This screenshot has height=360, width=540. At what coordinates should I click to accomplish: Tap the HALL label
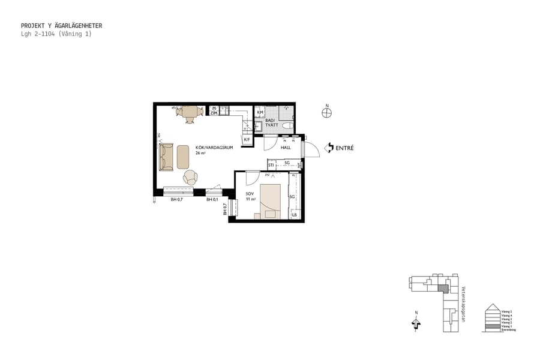pyautogui.click(x=286, y=148)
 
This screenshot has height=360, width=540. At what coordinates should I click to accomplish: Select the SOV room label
pyautogui.click(x=250, y=194)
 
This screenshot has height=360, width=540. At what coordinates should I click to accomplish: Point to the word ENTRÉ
pyautogui.click(x=344, y=148)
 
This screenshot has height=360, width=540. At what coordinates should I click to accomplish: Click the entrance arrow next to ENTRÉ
pyautogui.click(x=328, y=148)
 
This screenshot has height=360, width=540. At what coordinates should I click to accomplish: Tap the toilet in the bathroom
pyautogui.click(x=287, y=125)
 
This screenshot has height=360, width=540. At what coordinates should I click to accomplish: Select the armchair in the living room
pyautogui.click(x=190, y=177)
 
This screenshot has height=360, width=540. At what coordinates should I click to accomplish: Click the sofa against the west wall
pyautogui.click(x=166, y=157)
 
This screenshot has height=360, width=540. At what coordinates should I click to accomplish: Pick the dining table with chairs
pyautogui.click(x=190, y=112)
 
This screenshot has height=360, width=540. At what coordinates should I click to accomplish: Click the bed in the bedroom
pyautogui.click(x=269, y=200)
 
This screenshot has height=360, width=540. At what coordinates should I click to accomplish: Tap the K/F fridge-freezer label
pyautogui.click(x=247, y=140)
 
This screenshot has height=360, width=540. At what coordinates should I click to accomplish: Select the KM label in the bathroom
pyautogui.click(x=260, y=112)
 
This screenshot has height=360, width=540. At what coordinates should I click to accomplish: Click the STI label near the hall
pyautogui.click(x=271, y=164)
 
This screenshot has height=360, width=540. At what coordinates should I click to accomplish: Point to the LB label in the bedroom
pyautogui.click(x=294, y=215)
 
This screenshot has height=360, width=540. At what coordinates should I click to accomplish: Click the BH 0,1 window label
pyautogui.click(x=211, y=199)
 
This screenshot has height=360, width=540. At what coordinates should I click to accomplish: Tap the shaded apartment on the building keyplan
pyautogui.click(x=443, y=289)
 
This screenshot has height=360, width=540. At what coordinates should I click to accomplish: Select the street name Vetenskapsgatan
pyautogui.click(x=463, y=303)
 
